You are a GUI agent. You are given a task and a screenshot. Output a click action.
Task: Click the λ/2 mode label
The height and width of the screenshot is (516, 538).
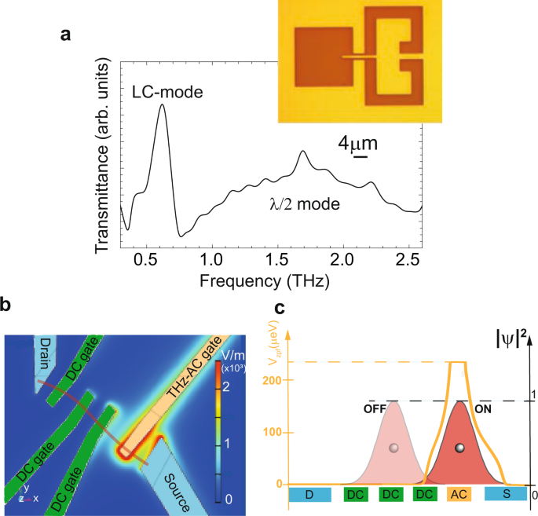pyautogui.click(x=303, y=206)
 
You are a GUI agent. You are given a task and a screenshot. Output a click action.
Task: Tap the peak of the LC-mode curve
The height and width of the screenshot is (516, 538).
pyautogui.click(x=162, y=105)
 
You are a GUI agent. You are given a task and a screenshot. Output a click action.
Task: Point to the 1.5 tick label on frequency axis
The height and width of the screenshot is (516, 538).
pyautogui.click(x=276, y=258)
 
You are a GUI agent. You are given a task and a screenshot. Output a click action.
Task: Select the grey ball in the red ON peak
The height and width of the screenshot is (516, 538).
pyautogui.click(x=459, y=448)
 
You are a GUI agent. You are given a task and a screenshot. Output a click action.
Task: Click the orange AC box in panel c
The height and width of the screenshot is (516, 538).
pyautogui.click(x=459, y=494)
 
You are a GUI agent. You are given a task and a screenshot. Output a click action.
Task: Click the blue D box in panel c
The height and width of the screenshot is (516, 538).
pyautogui.click(x=313, y=494)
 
